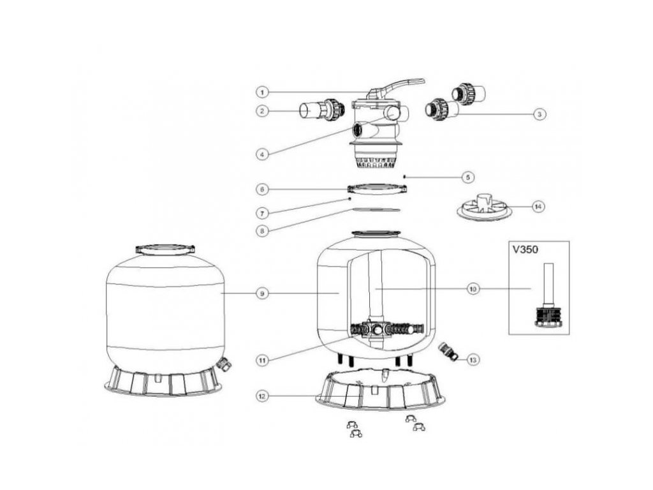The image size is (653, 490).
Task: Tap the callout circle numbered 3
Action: (x=539, y=114)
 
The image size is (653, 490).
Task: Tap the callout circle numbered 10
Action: (x=473, y=289)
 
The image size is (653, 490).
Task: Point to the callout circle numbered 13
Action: (x=473, y=360)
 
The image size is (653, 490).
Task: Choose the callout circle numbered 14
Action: (x=539, y=207)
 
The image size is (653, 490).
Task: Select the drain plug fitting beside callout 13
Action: (x=448, y=351)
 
